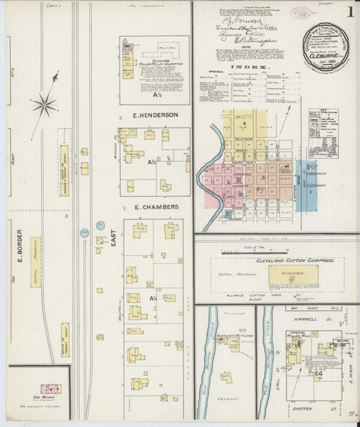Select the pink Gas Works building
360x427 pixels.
49,389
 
